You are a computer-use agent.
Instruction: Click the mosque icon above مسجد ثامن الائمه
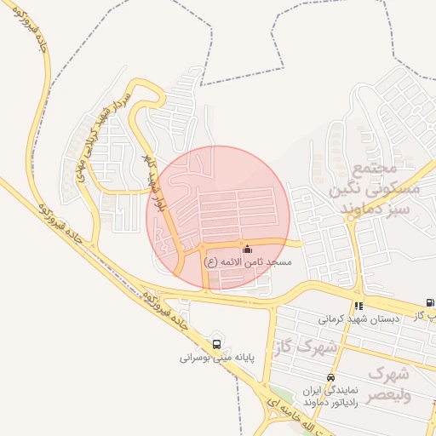point(247,250)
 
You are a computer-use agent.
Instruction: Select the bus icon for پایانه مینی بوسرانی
point(217,345)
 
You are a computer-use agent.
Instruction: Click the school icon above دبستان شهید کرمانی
point(359,306)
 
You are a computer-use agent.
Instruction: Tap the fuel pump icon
point(429,303)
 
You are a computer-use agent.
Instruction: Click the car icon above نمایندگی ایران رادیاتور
point(330,377)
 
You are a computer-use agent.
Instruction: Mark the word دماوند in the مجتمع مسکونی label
point(370,209)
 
